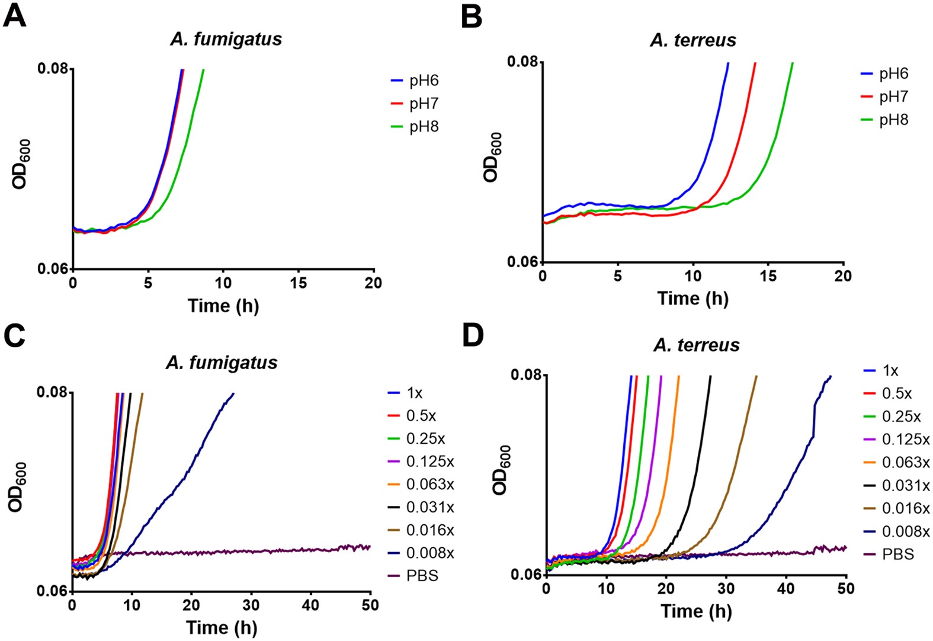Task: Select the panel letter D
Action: click(x=473, y=336)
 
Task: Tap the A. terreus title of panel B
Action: click(x=692, y=40)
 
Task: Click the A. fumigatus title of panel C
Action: click(x=222, y=363)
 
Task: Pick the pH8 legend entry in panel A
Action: click(x=423, y=127)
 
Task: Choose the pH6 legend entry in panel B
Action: click(x=893, y=73)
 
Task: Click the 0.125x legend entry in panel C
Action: click(x=429, y=461)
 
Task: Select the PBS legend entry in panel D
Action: click(x=897, y=555)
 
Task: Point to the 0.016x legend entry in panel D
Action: click(x=905, y=508)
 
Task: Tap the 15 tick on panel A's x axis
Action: click(x=298, y=284)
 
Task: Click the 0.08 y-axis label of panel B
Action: click(x=522, y=62)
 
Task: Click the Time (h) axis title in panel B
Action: click(x=692, y=299)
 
